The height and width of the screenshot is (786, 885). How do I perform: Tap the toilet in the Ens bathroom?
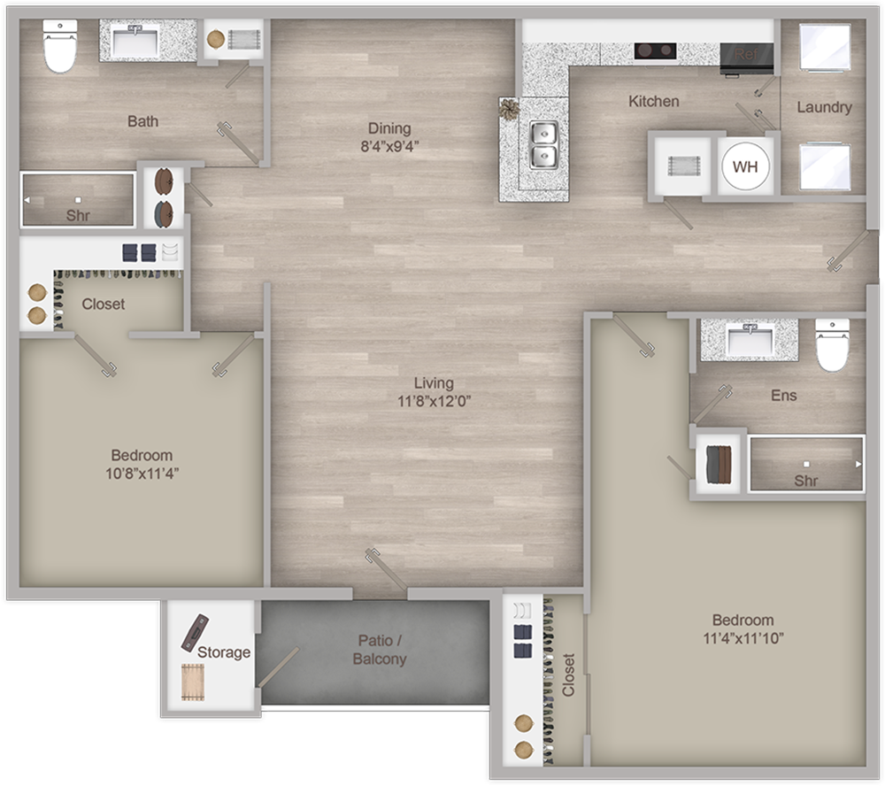coord(832,345)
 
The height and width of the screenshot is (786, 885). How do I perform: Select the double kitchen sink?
coord(543,145)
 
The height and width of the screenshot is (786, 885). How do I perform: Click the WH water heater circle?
coord(744,166)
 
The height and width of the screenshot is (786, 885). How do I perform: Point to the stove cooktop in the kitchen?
coord(655,50)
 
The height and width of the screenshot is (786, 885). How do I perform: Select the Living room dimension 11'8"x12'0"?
coord(434,401)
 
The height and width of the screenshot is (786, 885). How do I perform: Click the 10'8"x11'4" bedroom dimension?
coord(142,473)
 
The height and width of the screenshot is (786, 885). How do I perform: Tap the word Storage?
coord(224,652)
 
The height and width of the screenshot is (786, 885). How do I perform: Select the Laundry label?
coord(824,107)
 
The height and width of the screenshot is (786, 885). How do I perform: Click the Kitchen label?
coord(654,102)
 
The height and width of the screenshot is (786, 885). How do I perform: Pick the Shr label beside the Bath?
coord(78,215)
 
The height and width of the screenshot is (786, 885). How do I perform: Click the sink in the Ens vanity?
coord(749,337)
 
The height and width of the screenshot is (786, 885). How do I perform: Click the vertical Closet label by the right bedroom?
coord(567,675)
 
